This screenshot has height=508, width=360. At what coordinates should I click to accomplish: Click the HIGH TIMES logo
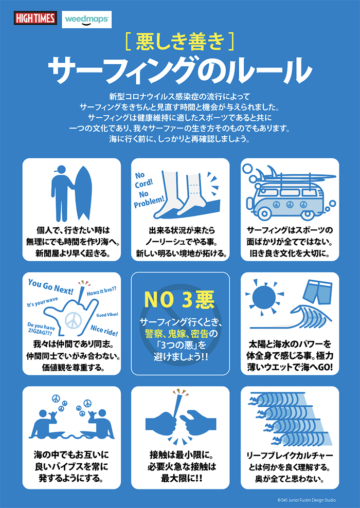(x=35, y=18)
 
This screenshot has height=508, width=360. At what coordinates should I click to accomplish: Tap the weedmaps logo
(x=86, y=20)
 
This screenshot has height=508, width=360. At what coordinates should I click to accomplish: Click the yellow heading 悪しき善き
(x=180, y=42)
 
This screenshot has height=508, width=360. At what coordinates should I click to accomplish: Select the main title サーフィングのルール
(x=180, y=70)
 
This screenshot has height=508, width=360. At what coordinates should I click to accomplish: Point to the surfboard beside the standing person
(x=83, y=194)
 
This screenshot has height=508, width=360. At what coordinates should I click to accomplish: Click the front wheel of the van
(x=266, y=213)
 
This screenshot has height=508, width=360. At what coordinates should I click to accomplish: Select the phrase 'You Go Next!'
(x=50, y=286)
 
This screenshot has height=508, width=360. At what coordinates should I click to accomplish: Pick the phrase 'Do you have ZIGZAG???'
(x=41, y=329)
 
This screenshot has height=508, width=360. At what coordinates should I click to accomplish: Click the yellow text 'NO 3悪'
(x=179, y=301)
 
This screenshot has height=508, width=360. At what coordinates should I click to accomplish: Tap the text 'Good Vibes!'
(x=107, y=315)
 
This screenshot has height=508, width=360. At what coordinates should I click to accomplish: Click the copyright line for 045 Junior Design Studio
(x=307, y=500)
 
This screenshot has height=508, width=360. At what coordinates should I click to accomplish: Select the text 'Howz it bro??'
(x=102, y=291)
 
